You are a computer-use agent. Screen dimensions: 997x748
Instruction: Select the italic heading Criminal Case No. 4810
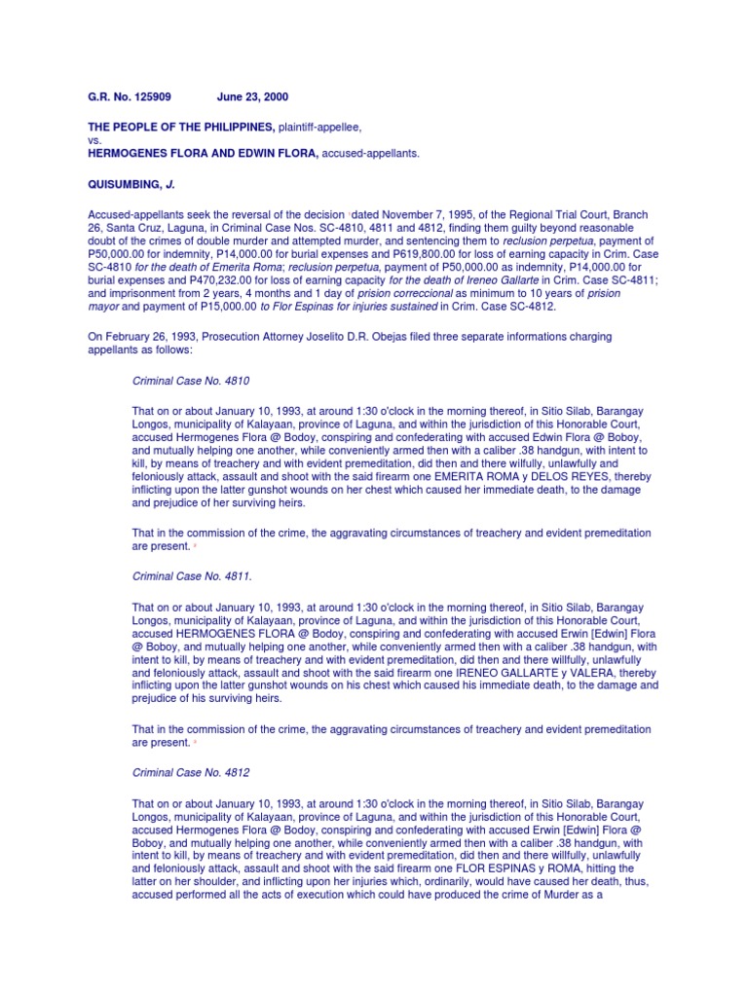click(x=191, y=380)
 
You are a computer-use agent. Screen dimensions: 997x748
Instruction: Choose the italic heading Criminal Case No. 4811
click(x=191, y=575)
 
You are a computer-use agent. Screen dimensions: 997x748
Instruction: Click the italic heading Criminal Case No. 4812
click(x=191, y=771)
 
